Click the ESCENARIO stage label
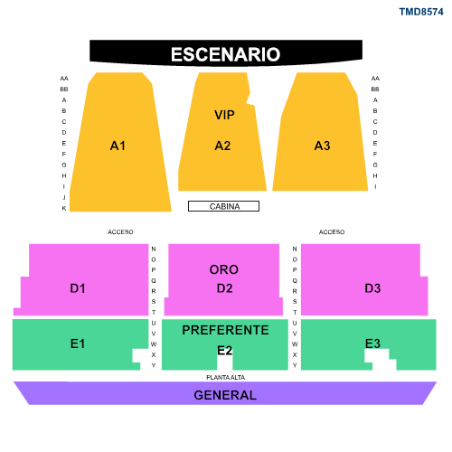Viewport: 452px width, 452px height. [226, 54]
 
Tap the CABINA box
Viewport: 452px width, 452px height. [223, 206]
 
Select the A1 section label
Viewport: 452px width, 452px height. [118, 146]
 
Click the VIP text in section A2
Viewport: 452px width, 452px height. [224, 115]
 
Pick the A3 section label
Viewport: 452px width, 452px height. [322, 146]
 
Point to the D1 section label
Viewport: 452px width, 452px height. [78, 288]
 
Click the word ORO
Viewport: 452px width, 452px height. [224, 269]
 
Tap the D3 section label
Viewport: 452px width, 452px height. [372, 288]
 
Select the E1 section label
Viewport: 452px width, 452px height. [78, 344]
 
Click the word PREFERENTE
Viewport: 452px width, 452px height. [225, 330]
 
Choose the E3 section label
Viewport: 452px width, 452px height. [372, 344]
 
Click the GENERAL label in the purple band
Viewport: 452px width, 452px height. [225, 395]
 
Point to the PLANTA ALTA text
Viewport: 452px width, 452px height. [226, 377]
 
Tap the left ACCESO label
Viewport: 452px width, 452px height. [120, 232]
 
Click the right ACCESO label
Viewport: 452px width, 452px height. [332, 232]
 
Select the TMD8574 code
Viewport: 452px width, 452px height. [421, 12]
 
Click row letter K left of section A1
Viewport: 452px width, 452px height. [64, 208]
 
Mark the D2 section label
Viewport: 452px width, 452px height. [224, 288]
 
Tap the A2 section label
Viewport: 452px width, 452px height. [222, 146]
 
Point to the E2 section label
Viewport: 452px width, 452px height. [224, 351]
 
